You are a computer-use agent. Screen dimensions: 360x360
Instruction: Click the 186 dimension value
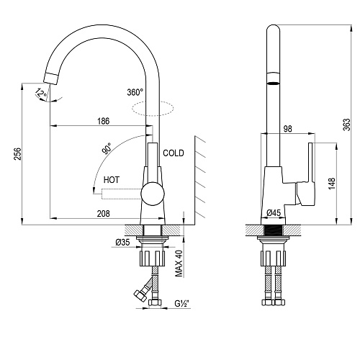click(104, 121)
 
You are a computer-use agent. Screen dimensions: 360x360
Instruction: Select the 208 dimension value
click(104, 213)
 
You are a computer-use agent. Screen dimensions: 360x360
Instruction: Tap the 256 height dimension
click(17, 154)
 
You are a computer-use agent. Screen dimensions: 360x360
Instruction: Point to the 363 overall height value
click(346, 125)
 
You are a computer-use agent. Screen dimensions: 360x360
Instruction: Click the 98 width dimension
click(288, 129)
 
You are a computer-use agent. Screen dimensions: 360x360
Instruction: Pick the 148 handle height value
click(331, 184)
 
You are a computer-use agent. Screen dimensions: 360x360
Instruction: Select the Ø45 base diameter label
click(274, 212)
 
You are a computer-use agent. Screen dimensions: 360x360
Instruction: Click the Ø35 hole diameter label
click(122, 243)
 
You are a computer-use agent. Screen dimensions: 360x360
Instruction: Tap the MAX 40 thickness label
click(179, 264)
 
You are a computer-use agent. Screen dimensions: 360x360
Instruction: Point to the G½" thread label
click(182, 304)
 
